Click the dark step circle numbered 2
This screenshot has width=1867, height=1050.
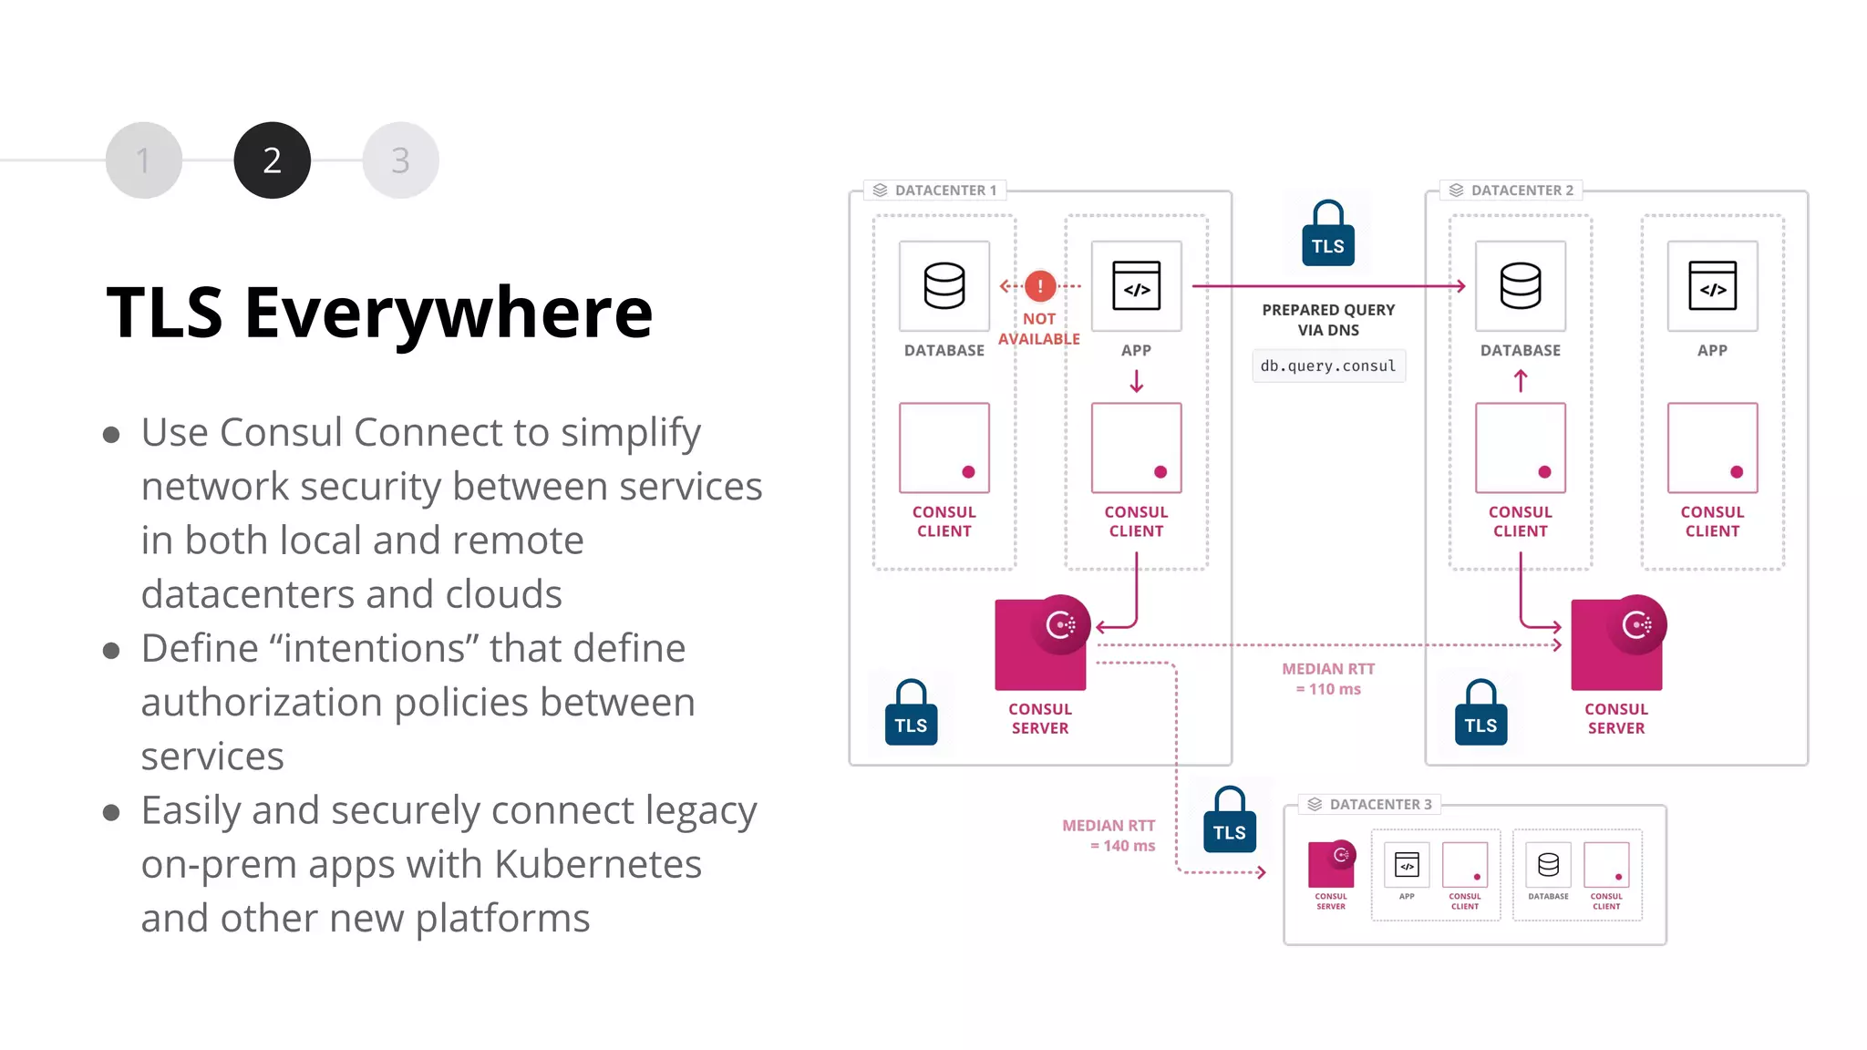(272, 160)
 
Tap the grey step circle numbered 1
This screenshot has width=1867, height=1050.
(143, 160)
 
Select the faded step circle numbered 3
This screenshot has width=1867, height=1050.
(400, 160)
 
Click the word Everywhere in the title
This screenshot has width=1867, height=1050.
(449, 313)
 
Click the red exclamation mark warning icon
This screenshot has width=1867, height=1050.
(1040, 286)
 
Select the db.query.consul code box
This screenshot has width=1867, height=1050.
(1328, 365)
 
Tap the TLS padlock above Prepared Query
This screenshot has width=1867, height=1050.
(1328, 236)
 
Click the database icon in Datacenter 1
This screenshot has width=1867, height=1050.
(944, 286)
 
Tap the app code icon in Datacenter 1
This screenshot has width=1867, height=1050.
(1136, 286)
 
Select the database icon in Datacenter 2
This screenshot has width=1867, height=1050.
(1521, 286)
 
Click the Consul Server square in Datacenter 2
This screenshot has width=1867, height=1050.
(1616, 645)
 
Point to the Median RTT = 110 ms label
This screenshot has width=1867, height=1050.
(1328, 679)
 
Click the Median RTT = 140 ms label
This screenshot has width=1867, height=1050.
(1109, 835)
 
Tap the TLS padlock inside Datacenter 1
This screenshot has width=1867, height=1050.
(911, 715)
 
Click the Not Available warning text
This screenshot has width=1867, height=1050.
(1039, 329)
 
